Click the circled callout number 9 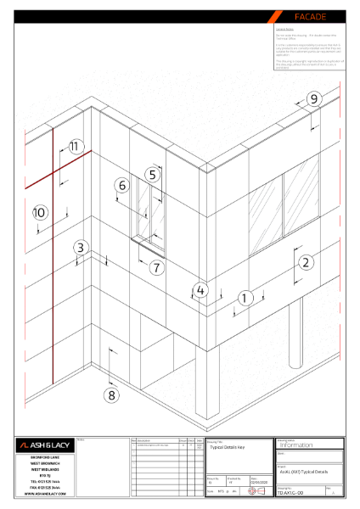click(313, 99)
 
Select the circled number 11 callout click(76, 147)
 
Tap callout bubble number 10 click(38, 212)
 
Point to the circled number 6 click(122, 185)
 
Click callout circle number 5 click(152, 175)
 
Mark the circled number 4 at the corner click(200, 290)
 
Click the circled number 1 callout click(245, 298)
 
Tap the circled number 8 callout click(111, 394)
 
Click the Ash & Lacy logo click(44, 445)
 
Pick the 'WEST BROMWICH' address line click(44, 464)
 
